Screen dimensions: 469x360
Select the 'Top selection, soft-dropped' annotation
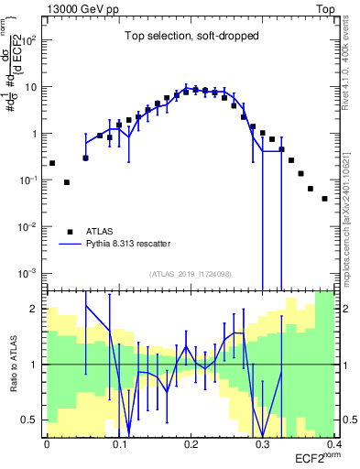191,37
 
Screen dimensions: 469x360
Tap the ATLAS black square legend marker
70,232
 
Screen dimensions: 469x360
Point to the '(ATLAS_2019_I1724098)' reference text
191,274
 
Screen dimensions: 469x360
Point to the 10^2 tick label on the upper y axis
30,40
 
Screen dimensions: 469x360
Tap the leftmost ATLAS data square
52,163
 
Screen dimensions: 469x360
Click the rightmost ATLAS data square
325,198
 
